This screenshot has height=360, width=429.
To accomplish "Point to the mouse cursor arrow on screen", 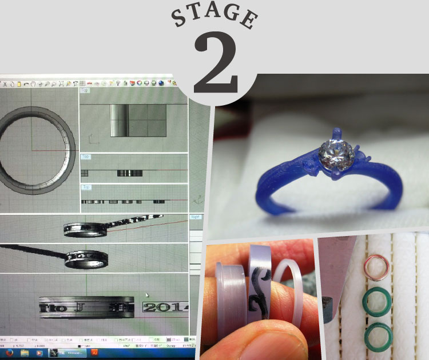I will click(148, 295).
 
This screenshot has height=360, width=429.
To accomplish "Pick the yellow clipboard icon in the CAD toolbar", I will click(19, 84).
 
